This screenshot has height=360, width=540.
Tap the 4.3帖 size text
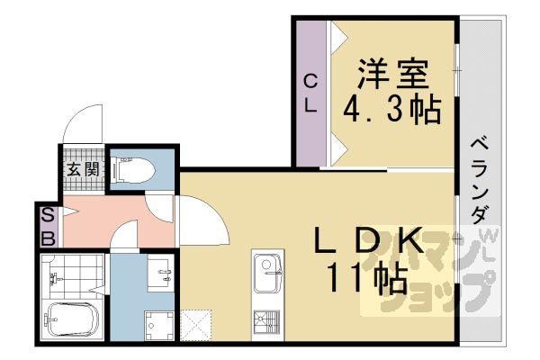(x=392, y=109)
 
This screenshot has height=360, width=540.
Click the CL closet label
(x=310, y=92)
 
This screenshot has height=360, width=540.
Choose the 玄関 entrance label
(x=83, y=168)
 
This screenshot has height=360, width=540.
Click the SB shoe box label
(x=48, y=226)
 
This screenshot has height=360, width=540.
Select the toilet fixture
(x=135, y=168)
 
